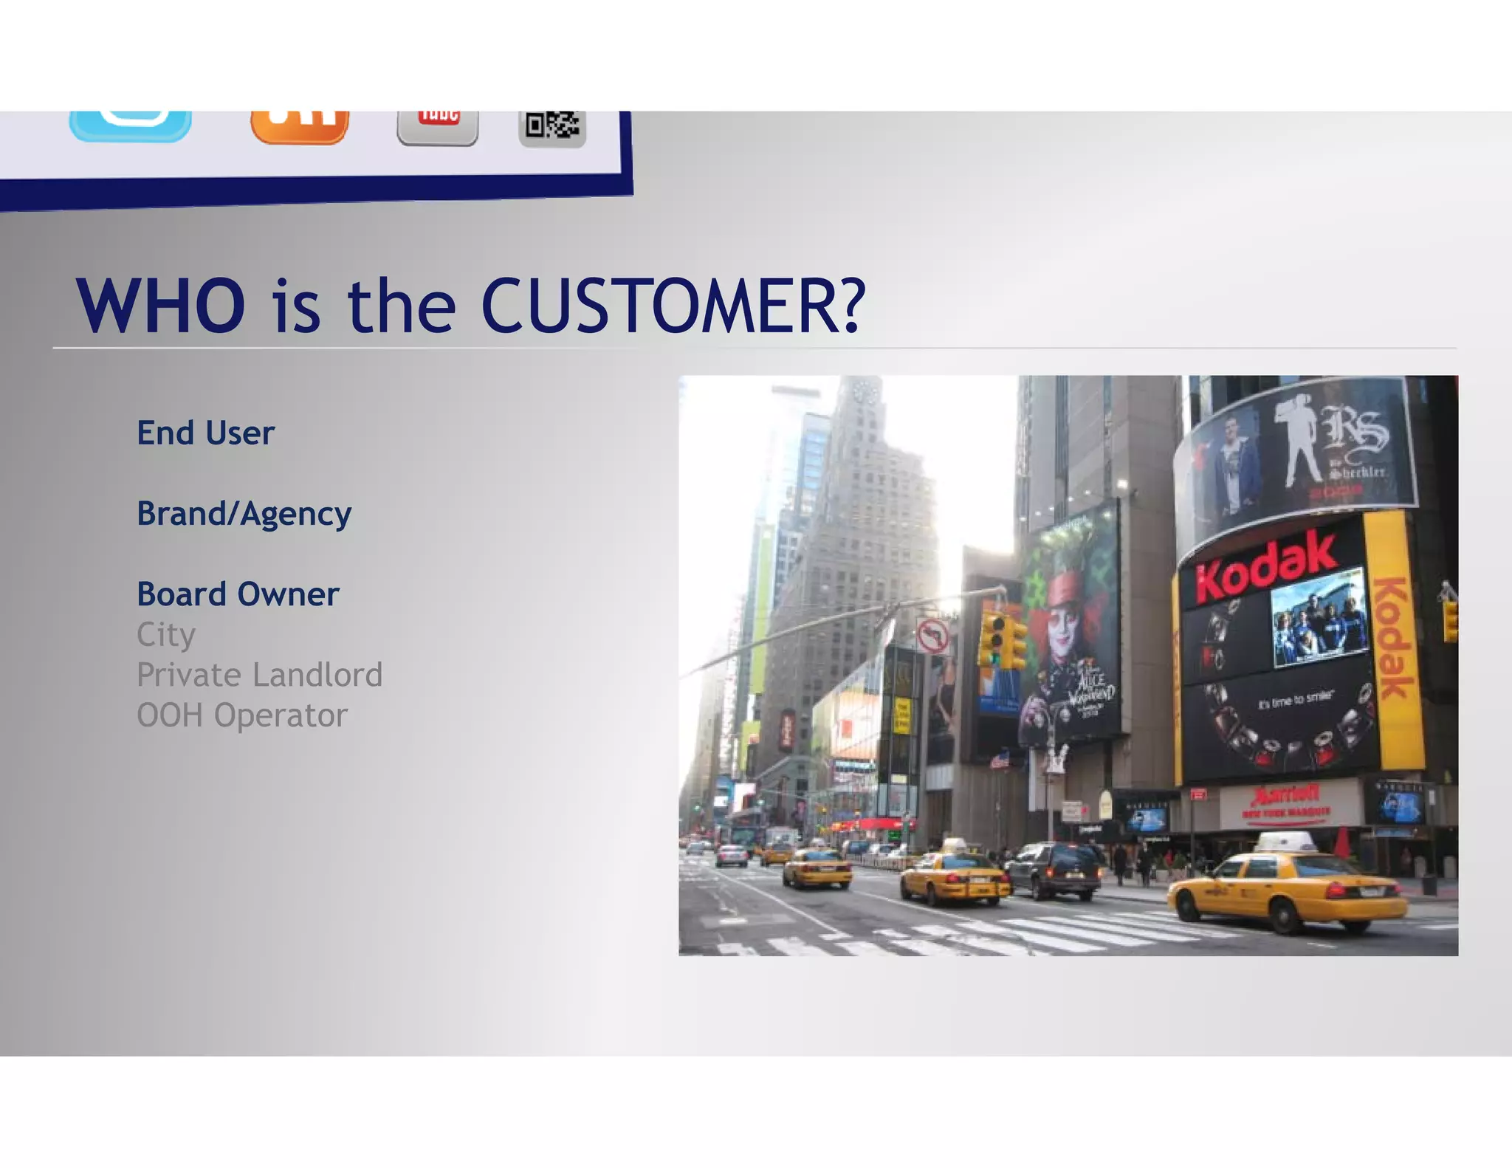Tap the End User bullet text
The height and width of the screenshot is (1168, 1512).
(x=205, y=433)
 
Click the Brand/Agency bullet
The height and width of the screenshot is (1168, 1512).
(x=244, y=514)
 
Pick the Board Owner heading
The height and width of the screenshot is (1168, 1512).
(x=238, y=594)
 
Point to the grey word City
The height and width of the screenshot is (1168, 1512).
(x=166, y=635)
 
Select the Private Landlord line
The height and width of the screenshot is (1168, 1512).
(x=259, y=675)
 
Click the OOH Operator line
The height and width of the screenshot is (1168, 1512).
(x=241, y=715)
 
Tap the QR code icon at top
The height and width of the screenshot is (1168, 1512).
(x=552, y=128)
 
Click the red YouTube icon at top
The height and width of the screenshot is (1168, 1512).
(x=438, y=126)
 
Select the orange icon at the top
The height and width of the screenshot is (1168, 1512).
(x=299, y=126)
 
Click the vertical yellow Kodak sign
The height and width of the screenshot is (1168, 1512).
(x=1391, y=639)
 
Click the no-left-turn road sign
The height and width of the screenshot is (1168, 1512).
(x=932, y=636)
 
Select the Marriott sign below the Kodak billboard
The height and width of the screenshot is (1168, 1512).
(x=1285, y=802)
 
